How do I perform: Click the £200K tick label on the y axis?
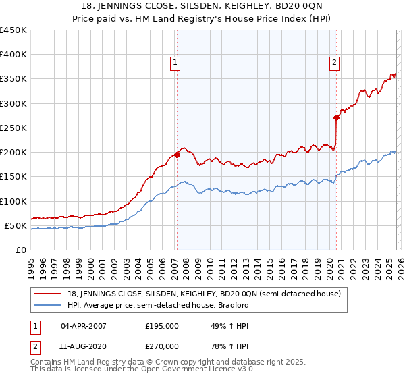click(x=13, y=153)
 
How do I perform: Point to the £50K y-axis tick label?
click(x=16, y=225)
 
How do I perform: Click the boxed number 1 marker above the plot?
click(x=175, y=63)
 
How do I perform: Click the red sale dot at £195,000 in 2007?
click(x=177, y=155)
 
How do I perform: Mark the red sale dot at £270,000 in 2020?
click(x=336, y=117)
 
